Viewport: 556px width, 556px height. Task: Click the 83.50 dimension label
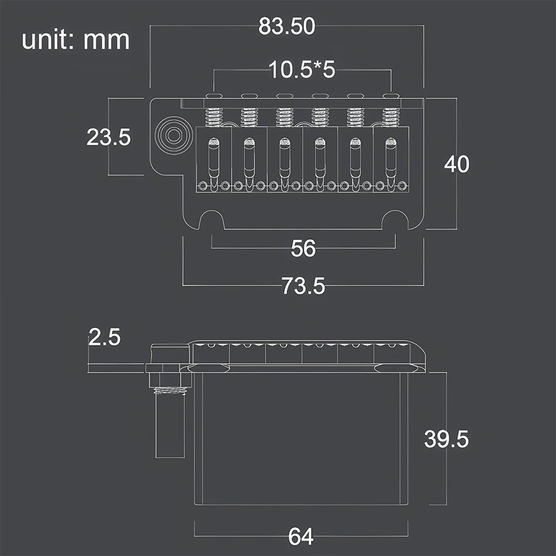click(287, 26)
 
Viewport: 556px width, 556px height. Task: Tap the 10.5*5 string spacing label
click(302, 69)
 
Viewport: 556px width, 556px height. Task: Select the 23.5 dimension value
click(108, 137)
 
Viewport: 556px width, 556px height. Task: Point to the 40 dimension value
click(457, 164)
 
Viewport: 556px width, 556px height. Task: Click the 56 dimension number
click(303, 248)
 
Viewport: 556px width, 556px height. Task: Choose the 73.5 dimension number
click(303, 286)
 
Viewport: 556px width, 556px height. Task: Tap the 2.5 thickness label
click(104, 337)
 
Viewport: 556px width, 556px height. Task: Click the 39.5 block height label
click(447, 439)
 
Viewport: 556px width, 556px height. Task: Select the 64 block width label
click(300, 537)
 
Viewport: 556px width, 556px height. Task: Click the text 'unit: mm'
click(76, 40)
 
